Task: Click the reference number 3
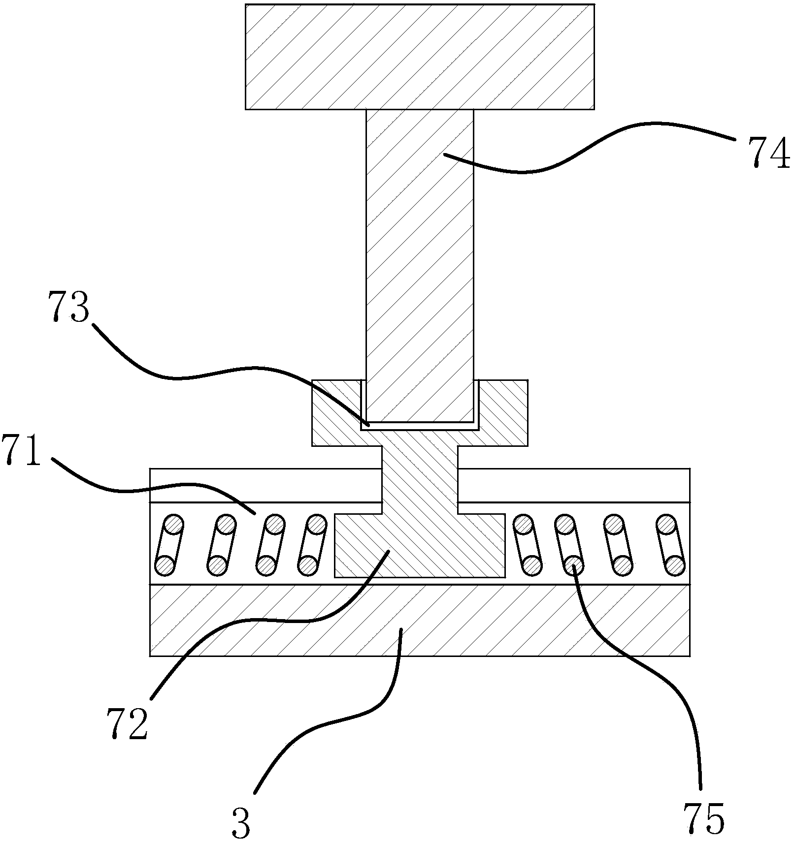[x=241, y=822]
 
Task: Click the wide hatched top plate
[x=419, y=57]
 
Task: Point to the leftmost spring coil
[x=169, y=544]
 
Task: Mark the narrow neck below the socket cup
[x=420, y=472]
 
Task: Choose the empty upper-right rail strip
[x=573, y=485]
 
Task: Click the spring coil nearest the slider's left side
[x=312, y=544]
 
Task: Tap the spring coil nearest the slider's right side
[x=527, y=544]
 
